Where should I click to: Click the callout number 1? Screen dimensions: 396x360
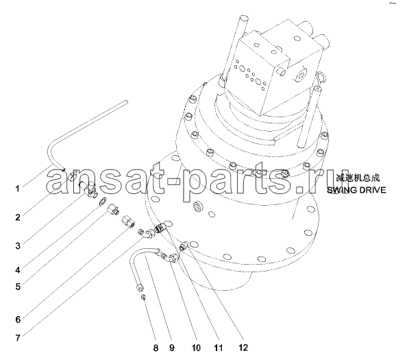point(17,189)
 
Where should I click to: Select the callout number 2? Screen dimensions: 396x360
point(17,217)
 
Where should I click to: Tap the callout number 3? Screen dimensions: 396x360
point(18,245)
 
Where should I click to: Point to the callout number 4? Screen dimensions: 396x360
point(17,270)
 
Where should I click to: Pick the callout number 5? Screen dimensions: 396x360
point(18,287)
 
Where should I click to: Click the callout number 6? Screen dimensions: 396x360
point(18,320)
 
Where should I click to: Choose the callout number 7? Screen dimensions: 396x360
point(18,338)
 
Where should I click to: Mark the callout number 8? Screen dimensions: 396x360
point(156,348)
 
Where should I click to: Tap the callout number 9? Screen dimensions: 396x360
point(172,348)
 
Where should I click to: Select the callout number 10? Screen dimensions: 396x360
point(196,348)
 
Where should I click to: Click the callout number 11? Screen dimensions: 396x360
point(218,348)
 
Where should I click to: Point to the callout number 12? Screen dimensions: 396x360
point(243,348)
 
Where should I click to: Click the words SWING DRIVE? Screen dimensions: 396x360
point(356,190)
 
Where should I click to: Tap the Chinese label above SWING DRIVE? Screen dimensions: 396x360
point(358,178)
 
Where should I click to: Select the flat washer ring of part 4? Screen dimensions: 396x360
point(102,202)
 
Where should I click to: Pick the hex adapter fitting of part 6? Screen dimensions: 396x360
point(128,221)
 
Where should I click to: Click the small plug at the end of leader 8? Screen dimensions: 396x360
point(143,297)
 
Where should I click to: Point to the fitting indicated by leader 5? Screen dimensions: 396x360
point(113,210)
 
